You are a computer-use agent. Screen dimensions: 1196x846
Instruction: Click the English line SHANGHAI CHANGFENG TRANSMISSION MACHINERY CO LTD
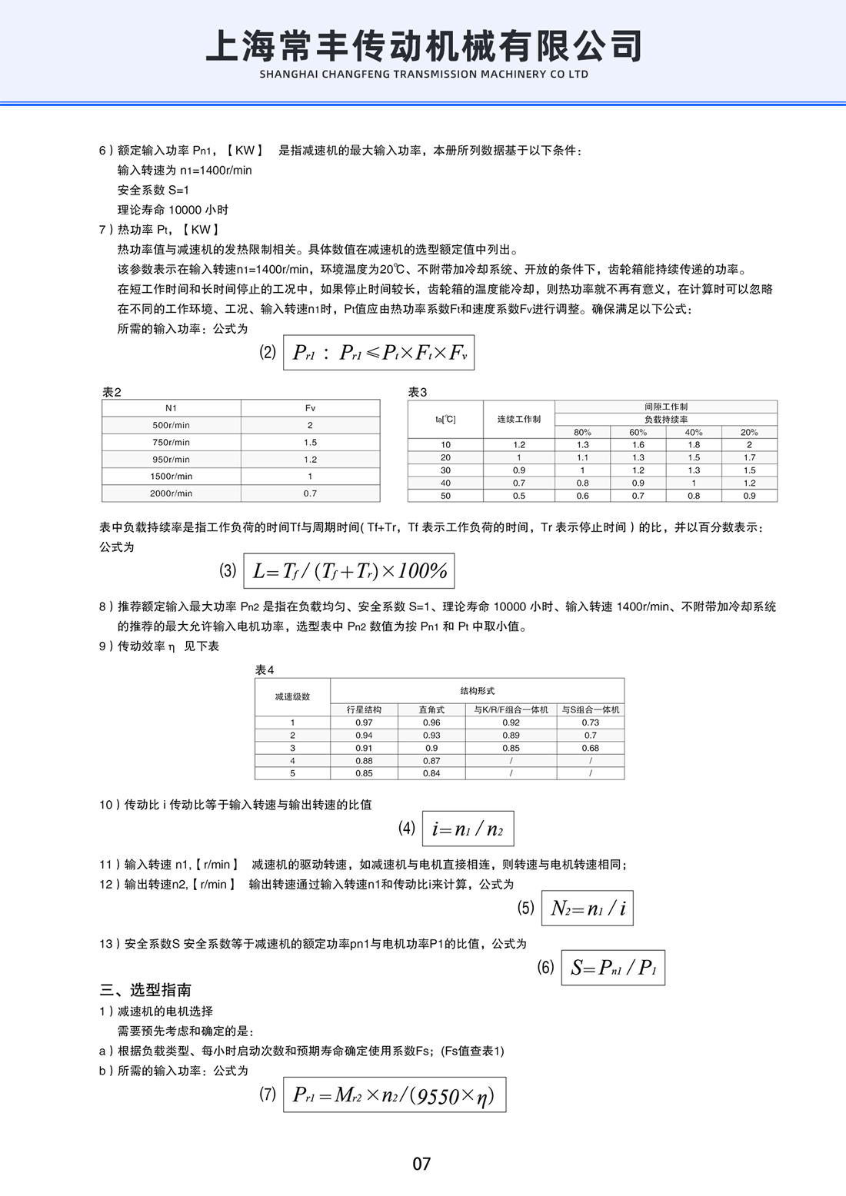424,75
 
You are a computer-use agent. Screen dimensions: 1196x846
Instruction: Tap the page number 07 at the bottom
421,1164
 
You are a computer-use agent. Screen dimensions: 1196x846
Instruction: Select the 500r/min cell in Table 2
171,425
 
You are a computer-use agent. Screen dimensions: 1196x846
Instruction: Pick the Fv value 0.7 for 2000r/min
310,493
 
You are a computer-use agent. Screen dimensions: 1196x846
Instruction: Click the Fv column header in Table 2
310,408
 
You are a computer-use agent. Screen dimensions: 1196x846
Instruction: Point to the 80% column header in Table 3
582,432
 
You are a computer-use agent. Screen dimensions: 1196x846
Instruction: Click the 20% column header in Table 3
749,432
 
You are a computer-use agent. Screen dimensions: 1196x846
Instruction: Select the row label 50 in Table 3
445,496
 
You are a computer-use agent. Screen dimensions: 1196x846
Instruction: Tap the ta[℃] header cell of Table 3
445,419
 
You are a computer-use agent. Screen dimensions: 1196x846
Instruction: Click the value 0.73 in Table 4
590,723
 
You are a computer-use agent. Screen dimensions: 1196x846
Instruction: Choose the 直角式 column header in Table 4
431,709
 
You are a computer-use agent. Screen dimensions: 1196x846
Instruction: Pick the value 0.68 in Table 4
590,748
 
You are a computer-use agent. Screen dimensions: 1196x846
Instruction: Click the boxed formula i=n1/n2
468,829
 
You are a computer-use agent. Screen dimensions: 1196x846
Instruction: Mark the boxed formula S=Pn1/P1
613,967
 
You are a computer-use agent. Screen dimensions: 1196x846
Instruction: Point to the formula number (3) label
228,570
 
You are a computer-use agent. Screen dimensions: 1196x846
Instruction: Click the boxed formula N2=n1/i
588,908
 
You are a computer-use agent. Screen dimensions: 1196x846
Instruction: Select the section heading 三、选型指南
145,990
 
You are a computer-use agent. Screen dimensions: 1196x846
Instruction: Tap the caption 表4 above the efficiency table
265,670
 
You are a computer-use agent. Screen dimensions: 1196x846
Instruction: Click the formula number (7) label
267,1094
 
